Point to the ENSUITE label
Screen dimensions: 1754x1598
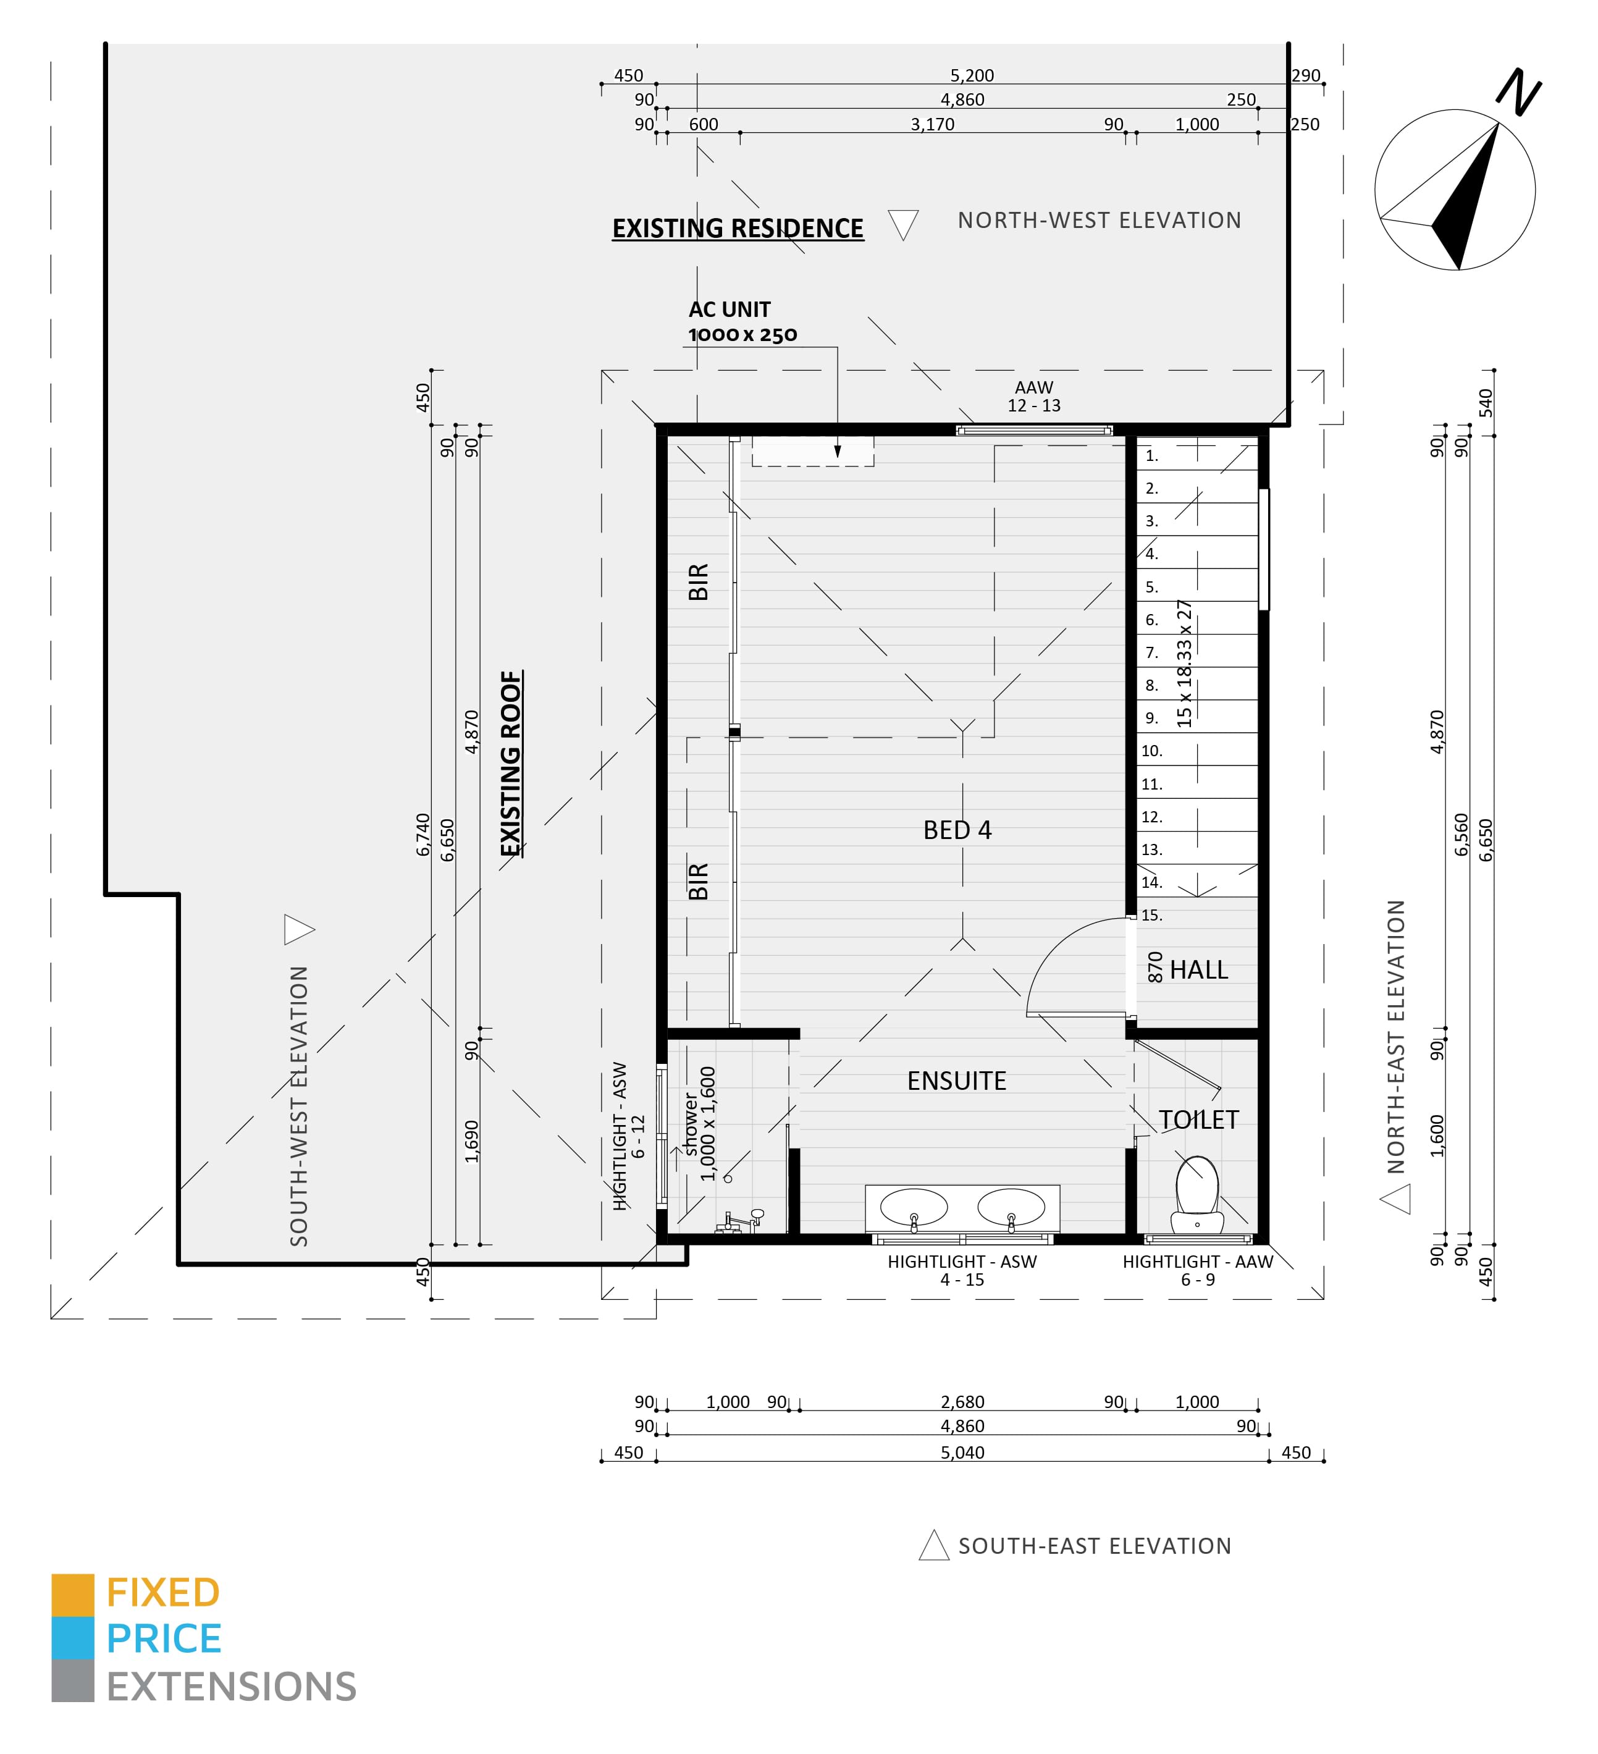(956, 1081)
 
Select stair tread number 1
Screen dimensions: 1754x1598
(1151, 456)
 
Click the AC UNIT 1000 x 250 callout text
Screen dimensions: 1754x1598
(741, 322)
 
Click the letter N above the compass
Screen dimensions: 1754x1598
(1518, 91)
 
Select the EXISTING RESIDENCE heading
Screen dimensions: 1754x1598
(738, 228)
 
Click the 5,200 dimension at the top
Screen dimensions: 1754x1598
(972, 76)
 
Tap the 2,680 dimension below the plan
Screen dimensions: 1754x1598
(962, 1402)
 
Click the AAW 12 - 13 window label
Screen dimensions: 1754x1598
(1033, 396)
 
